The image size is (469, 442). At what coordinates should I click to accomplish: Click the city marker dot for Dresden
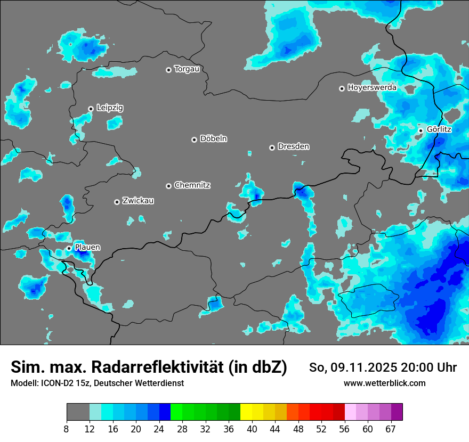click(x=272, y=148)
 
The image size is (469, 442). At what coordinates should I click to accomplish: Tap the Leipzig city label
click(x=110, y=108)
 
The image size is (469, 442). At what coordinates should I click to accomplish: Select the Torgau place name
click(x=187, y=69)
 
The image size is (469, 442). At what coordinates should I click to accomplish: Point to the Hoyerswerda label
click(x=372, y=87)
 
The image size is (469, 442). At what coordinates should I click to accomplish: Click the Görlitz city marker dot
click(x=421, y=130)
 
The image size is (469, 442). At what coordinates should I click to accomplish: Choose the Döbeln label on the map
click(x=213, y=138)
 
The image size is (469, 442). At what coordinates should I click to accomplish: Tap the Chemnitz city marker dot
click(x=168, y=186)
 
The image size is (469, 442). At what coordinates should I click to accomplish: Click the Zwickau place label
click(x=138, y=201)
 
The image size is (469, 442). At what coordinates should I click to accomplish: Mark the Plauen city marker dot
click(x=69, y=248)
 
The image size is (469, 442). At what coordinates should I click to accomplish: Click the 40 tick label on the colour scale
click(x=252, y=429)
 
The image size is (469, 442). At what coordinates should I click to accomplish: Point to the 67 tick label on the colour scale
click(x=391, y=429)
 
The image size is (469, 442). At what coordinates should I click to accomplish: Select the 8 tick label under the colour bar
click(x=67, y=429)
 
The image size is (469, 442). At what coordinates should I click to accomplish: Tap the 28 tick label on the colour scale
click(x=182, y=429)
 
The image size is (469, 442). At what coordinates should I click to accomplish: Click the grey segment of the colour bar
click(x=78, y=412)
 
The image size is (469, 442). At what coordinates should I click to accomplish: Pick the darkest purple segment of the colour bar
click(x=397, y=412)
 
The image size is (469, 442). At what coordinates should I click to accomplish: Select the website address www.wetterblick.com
click(x=384, y=383)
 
